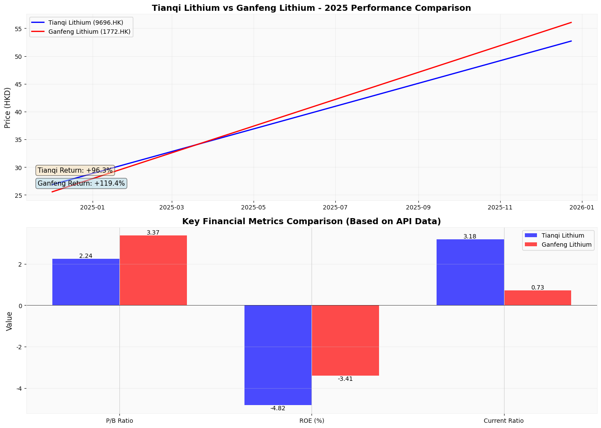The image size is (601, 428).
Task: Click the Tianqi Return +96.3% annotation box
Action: [75, 171]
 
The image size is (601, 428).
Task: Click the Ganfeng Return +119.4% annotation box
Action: [81, 183]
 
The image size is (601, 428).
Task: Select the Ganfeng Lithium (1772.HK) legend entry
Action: [81, 32]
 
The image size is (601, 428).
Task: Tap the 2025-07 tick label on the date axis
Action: [335, 207]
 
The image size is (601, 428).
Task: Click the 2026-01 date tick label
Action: [582, 207]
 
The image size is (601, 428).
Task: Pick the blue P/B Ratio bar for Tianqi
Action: [86, 282]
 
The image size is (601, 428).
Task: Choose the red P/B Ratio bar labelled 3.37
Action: [153, 270]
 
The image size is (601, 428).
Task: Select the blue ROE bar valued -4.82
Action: [278, 355]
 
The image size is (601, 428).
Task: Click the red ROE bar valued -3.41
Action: [345, 340]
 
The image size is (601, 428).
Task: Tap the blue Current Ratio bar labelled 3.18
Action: [470, 272]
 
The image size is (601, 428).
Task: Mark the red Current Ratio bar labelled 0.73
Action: [537, 298]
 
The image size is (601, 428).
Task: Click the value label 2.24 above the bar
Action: [86, 256]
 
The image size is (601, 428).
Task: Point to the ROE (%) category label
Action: [312, 421]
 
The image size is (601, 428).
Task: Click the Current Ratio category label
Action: [504, 421]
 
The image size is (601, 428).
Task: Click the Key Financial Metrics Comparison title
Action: [312, 222]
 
